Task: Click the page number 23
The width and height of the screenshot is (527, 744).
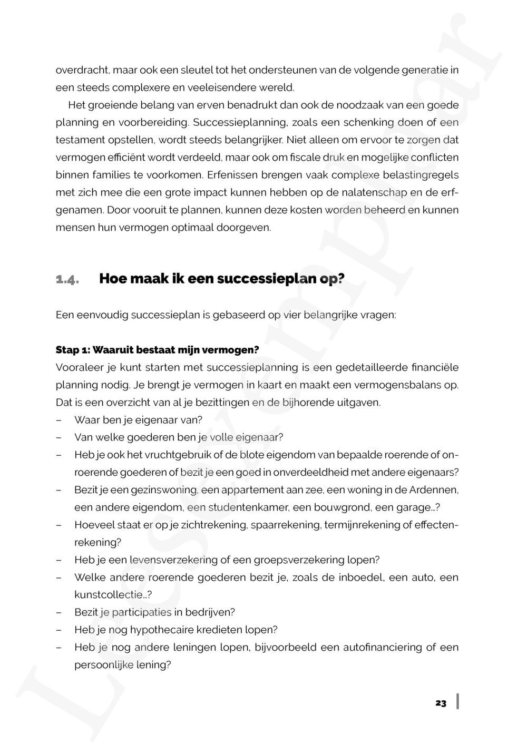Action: [441, 703]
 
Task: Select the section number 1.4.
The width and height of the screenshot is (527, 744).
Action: [67, 279]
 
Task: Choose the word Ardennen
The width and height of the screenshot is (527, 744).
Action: [433, 490]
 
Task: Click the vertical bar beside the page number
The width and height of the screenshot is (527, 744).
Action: [457, 701]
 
